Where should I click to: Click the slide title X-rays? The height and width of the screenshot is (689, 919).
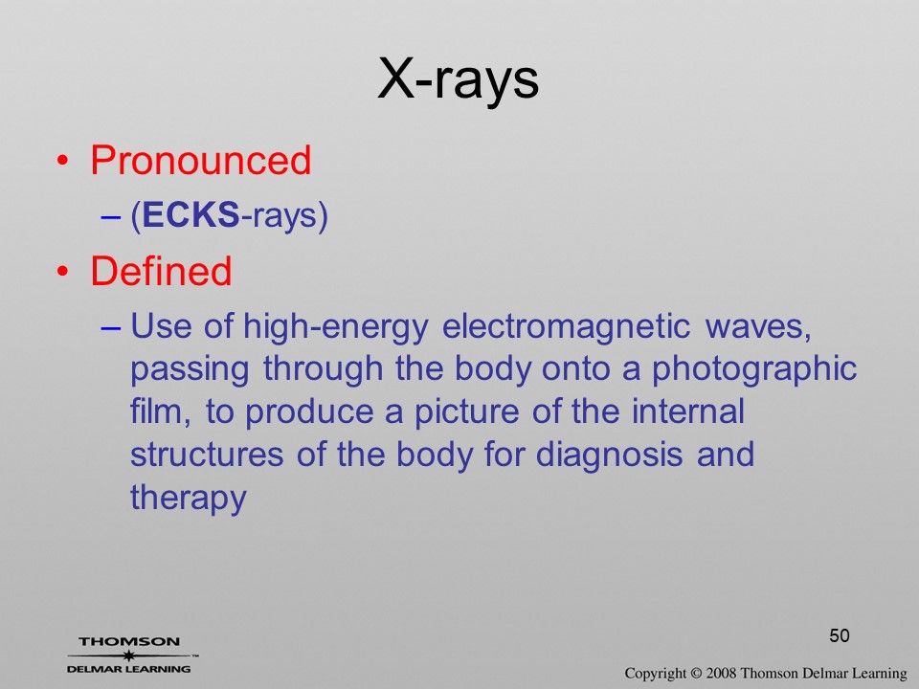click(x=459, y=79)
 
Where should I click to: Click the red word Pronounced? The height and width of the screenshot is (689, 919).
click(x=200, y=160)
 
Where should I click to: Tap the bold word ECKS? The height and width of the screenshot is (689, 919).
click(x=191, y=214)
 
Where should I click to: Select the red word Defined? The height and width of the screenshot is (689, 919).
click(x=161, y=271)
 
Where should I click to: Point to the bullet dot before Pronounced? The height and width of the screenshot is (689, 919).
click(x=63, y=161)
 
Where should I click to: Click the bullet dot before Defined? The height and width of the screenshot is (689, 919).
click(x=63, y=271)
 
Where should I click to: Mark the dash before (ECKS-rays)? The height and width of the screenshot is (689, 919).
click(x=111, y=216)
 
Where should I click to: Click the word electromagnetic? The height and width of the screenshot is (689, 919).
click(x=566, y=325)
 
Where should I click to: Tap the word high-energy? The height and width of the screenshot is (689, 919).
click(x=336, y=327)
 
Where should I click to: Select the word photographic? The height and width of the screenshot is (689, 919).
click(x=755, y=370)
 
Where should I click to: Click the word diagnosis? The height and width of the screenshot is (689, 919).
click(x=610, y=456)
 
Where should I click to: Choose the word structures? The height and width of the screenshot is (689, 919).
click(x=207, y=456)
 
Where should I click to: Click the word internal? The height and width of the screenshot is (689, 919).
click(x=687, y=411)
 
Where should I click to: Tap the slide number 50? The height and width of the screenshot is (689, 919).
click(x=840, y=635)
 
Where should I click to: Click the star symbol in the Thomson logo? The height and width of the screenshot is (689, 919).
click(x=128, y=656)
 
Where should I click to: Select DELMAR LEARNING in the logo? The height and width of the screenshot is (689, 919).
click(x=129, y=669)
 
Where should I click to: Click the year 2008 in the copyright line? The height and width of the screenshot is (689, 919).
click(x=721, y=674)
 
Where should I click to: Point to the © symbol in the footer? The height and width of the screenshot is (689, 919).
click(x=696, y=674)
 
